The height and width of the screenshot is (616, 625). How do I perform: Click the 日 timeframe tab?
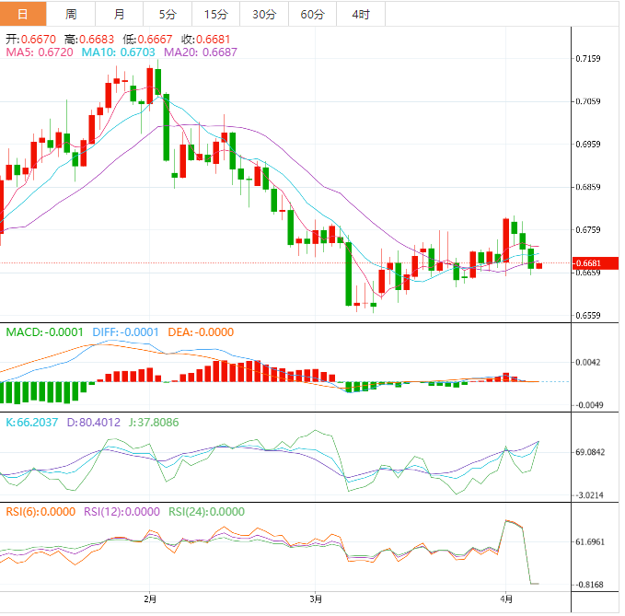pyautogui.click(x=23, y=14)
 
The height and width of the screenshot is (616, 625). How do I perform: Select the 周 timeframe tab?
pyautogui.click(x=71, y=14)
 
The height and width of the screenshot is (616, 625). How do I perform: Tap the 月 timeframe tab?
pyautogui.click(x=119, y=14)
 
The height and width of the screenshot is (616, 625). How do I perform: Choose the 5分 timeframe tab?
pyautogui.click(x=168, y=14)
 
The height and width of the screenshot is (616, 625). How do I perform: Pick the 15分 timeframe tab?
pyautogui.click(x=215, y=14)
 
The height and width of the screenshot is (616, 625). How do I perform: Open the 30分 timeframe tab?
pyautogui.click(x=263, y=14)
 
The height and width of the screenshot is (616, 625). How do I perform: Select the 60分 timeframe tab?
pyautogui.click(x=312, y=14)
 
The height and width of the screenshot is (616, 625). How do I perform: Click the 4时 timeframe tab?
pyautogui.click(x=361, y=14)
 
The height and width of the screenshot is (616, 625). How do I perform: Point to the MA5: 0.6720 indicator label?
pyautogui.click(x=40, y=52)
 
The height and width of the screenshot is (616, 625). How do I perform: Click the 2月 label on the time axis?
pyautogui.click(x=150, y=597)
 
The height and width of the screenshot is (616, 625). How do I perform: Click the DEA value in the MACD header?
pyautogui.click(x=206, y=332)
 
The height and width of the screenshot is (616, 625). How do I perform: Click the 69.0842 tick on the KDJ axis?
pyautogui.click(x=589, y=453)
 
